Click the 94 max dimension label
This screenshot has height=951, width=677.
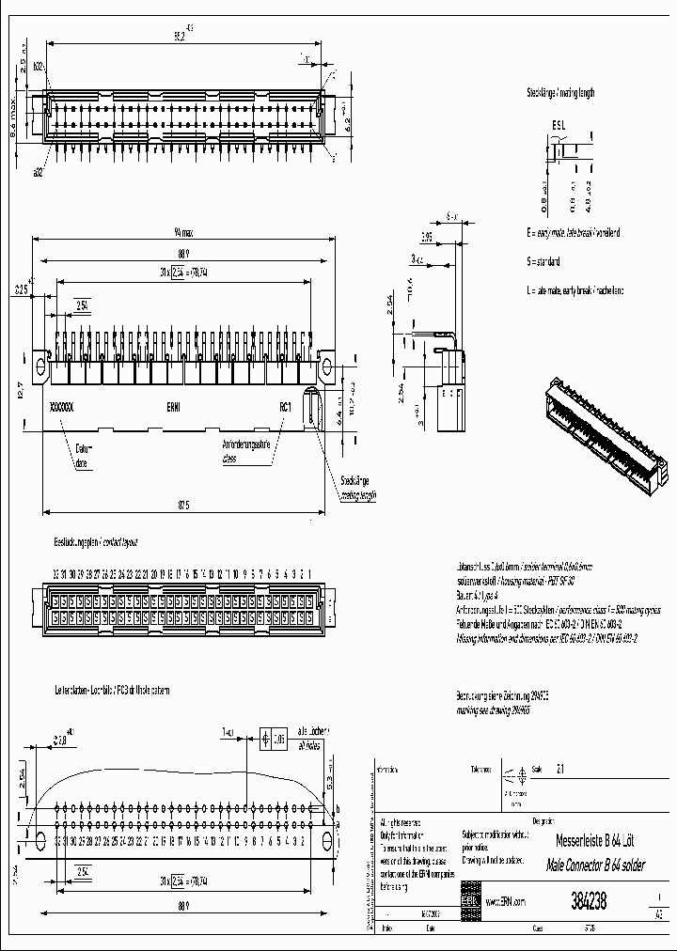click(x=183, y=232)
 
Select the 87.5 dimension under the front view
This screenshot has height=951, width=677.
click(x=183, y=506)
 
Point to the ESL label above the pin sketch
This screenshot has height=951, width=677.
click(x=559, y=124)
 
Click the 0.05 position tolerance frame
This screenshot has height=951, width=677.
click(x=278, y=740)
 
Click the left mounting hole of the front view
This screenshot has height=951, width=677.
click(x=40, y=365)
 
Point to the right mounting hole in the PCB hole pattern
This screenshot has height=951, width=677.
click(x=326, y=840)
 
